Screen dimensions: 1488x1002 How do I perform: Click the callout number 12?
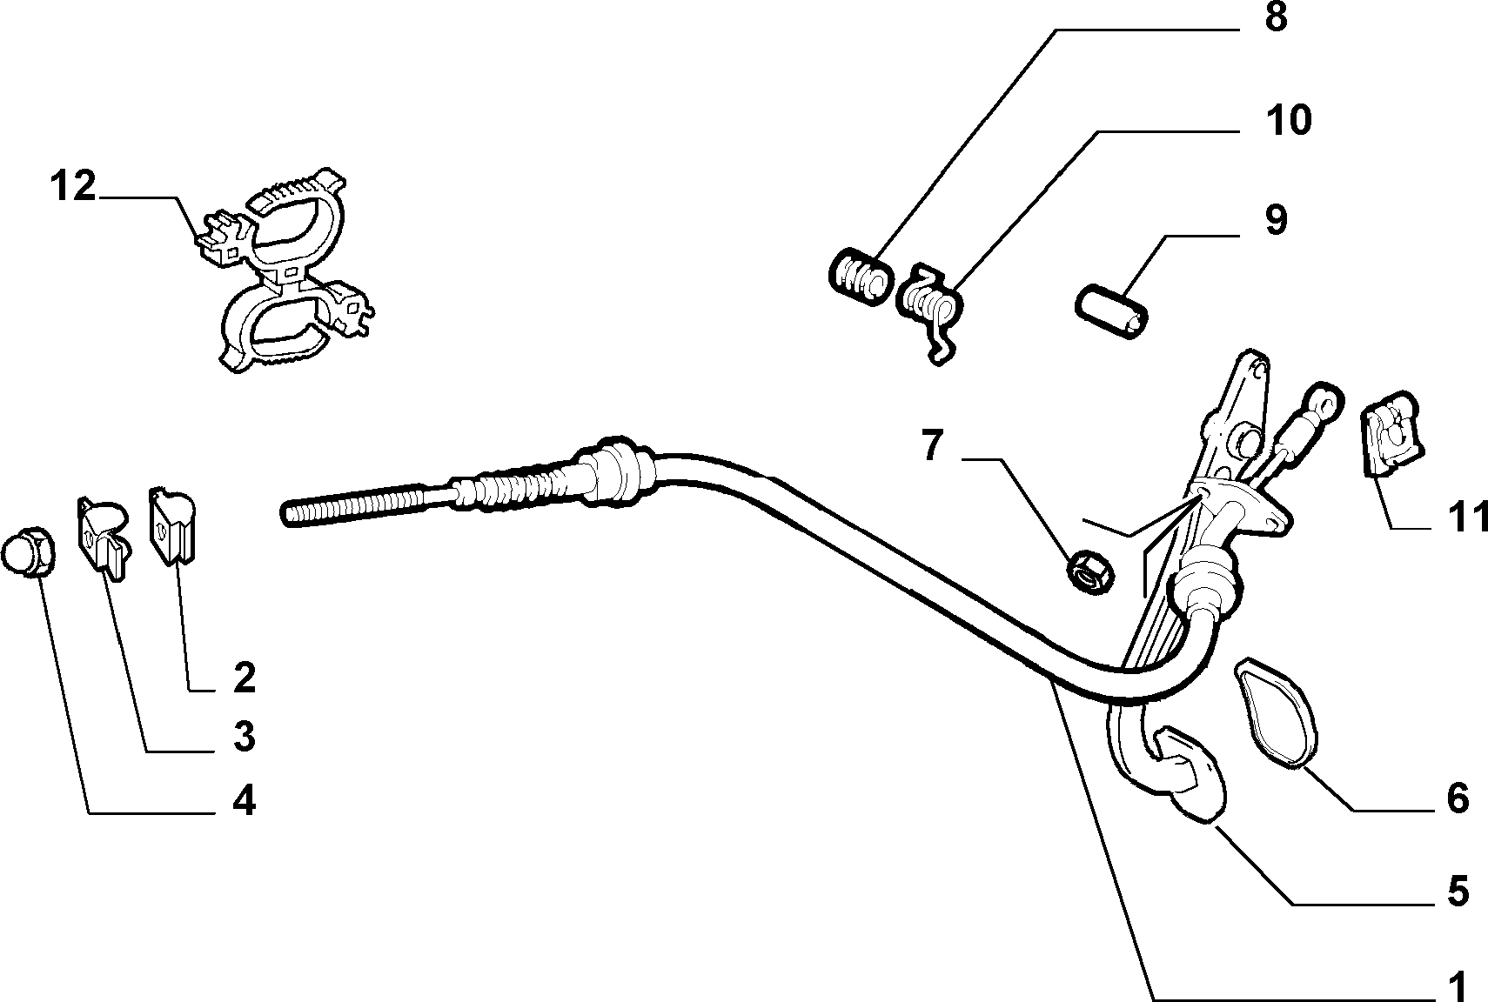click(x=74, y=186)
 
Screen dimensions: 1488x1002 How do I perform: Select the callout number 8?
click(x=1276, y=17)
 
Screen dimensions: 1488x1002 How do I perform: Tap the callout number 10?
click(x=1289, y=121)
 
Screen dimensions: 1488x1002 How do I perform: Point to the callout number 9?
click(x=1276, y=220)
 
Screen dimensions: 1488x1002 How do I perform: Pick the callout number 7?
click(x=932, y=445)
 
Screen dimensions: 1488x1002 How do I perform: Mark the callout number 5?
click(x=1458, y=892)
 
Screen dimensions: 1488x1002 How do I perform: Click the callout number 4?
click(x=244, y=801)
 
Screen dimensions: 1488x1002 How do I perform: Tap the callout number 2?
click(x=244, y=678)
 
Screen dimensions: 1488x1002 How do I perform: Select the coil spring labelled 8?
click(x=861, y=277)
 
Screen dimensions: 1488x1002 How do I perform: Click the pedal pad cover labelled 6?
click(x=1276, y=713)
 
